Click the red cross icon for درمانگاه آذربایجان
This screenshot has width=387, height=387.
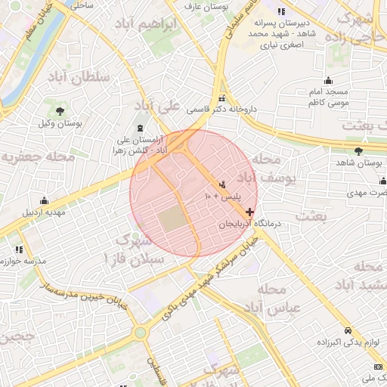250,212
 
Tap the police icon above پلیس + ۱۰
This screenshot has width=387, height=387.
222,184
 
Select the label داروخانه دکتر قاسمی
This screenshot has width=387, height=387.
222,110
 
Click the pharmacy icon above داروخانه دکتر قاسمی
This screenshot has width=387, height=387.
221,98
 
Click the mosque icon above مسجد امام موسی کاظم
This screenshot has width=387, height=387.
328,81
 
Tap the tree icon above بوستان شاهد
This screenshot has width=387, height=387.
358,151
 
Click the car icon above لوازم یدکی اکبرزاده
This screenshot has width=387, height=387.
347,331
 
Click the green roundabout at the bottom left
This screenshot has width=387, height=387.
140,332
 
